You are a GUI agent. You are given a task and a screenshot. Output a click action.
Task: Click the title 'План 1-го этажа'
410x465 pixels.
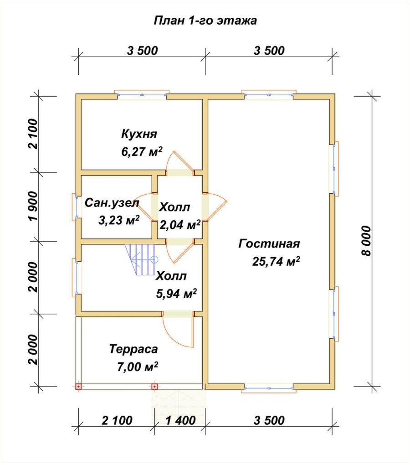click(205, 21)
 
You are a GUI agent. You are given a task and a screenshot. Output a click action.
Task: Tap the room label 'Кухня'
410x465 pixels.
click(139, 134)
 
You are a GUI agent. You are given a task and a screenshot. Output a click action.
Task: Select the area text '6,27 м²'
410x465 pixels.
click(142, 151)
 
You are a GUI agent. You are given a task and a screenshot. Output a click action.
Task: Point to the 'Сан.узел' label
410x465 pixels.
click(112, 203)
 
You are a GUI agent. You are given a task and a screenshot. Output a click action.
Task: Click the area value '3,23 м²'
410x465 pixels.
click(119, 220)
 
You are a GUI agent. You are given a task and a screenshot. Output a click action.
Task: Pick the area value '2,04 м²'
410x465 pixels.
click(180, 225)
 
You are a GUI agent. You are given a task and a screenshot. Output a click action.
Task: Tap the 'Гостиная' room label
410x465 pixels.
click(269, 244)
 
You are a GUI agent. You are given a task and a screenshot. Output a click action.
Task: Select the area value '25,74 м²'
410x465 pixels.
click(276, 262)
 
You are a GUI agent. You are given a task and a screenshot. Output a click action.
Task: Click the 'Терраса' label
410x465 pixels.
click(133, 349)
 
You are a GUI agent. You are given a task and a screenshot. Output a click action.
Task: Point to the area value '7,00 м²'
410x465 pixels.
click(138, 367)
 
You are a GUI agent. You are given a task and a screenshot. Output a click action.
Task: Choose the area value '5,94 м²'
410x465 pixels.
click(176, 294)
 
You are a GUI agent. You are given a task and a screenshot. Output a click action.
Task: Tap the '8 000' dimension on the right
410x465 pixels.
click(366, 241)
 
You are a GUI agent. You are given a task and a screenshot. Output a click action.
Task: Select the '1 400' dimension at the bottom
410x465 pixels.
click(180, 420)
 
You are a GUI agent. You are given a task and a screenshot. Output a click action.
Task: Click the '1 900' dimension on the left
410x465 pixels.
click(33, 206)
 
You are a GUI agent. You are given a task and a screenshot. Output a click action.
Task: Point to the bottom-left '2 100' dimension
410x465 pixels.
click(117, 420)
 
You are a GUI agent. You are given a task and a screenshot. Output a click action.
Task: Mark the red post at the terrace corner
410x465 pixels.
click(78, 387)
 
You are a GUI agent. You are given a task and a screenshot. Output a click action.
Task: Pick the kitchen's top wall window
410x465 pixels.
click(142, 95)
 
